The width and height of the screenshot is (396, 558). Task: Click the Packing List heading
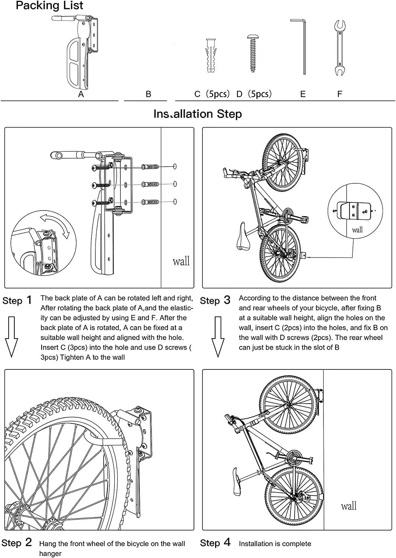point(49,6)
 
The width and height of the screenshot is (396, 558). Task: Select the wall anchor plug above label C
point(211,56)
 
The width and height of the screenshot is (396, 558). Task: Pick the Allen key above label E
point(302,46)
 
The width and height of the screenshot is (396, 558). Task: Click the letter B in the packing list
point(148,94)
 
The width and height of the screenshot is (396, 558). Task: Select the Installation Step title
point(198,114)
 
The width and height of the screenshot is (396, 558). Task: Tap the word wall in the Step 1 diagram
point(181,261)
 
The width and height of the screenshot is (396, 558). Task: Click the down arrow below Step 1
point(12,336)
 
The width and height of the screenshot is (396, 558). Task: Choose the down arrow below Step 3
point(218,336)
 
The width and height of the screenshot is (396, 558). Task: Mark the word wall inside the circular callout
point(357,230)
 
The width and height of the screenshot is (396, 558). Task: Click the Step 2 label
point(17,543)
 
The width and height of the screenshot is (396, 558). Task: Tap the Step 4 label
point(215,543)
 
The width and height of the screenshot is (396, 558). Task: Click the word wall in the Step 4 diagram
point(348,506)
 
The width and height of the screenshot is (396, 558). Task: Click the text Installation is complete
point(275,544)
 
